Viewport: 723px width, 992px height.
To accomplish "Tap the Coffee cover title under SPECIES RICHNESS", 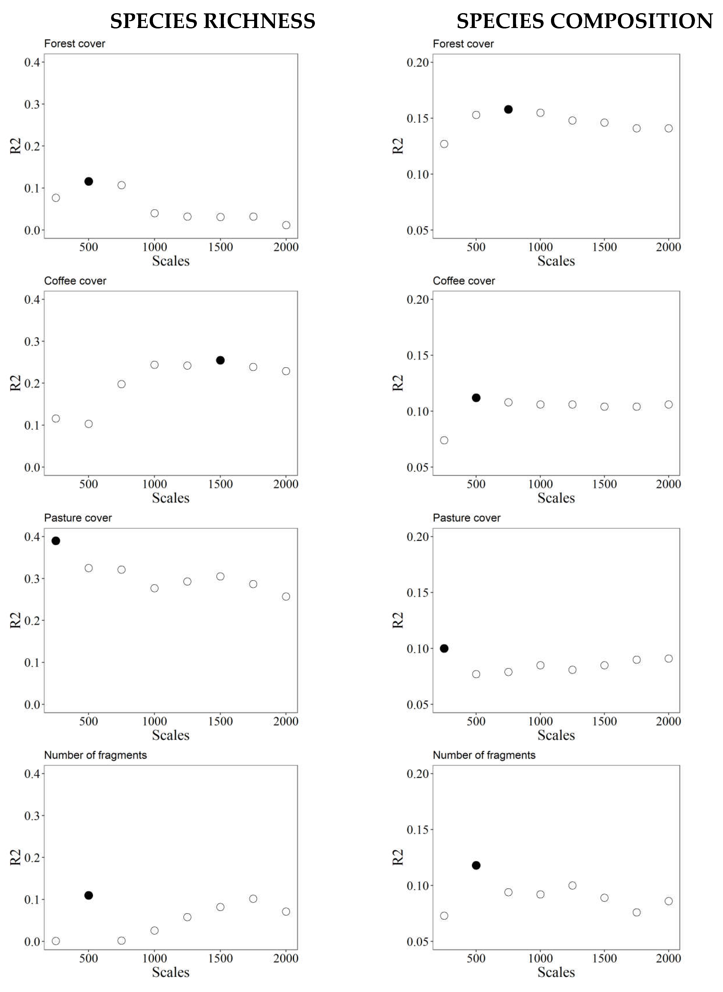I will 75,281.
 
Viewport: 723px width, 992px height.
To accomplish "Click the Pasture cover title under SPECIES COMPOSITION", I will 466,518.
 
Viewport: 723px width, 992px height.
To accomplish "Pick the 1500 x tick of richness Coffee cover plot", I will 220,484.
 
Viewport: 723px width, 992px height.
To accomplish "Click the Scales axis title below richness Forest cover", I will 171,261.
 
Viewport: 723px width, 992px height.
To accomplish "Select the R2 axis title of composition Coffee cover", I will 397,383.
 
